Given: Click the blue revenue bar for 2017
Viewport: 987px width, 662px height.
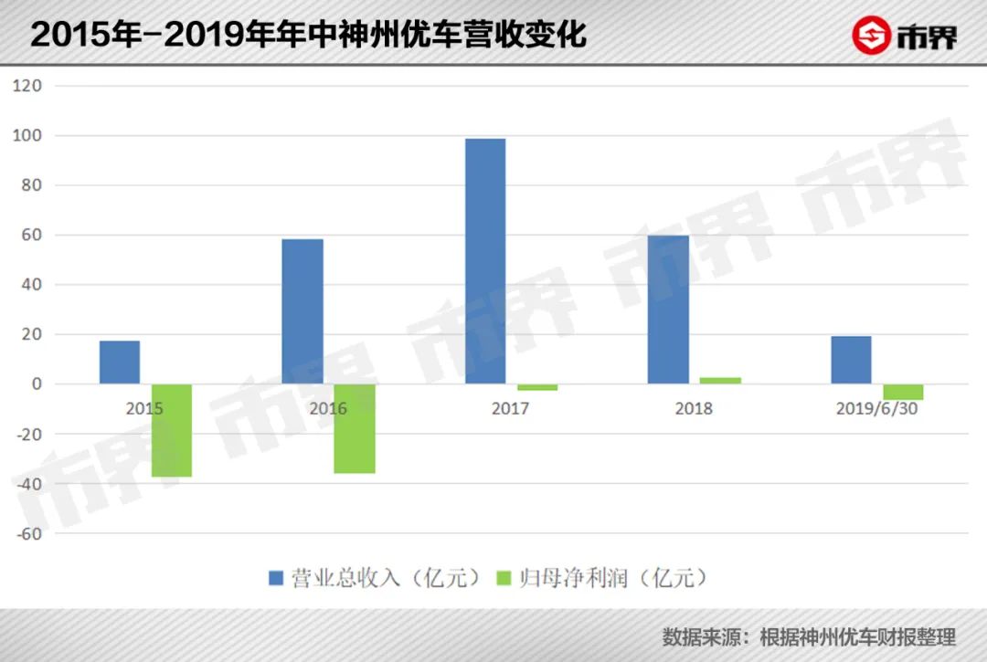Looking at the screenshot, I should click(485, 261).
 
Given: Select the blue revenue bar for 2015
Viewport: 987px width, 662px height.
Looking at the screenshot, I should click(120, 363).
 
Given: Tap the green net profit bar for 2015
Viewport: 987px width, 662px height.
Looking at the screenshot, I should click(172, 430).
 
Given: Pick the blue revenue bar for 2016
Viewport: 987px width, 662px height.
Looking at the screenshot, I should click(302, 311).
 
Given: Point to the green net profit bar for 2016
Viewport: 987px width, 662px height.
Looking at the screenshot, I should click(355, 428).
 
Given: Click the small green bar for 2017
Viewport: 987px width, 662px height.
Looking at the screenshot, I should click(537, 387).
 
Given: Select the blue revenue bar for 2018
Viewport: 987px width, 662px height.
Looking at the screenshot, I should click(668, 310).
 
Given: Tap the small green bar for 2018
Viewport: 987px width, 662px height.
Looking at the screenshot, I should click(720, 381).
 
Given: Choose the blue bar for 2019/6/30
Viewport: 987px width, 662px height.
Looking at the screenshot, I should click(851, 360).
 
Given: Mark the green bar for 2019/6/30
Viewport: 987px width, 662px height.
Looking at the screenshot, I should click(903, 392).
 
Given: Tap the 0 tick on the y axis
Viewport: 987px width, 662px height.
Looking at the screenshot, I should click(37, 384).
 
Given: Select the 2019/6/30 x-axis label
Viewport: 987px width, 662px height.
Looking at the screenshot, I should click(876, 409).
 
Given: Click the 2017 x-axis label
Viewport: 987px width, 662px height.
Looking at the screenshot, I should click(510, 409).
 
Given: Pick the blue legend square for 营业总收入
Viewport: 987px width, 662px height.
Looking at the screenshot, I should click(276, 578).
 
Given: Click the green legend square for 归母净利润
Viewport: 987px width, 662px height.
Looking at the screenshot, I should click(502, 578).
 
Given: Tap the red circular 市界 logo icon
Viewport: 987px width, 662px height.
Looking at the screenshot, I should click(871, 36).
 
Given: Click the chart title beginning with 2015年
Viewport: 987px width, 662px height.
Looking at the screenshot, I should click(308, 35).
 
